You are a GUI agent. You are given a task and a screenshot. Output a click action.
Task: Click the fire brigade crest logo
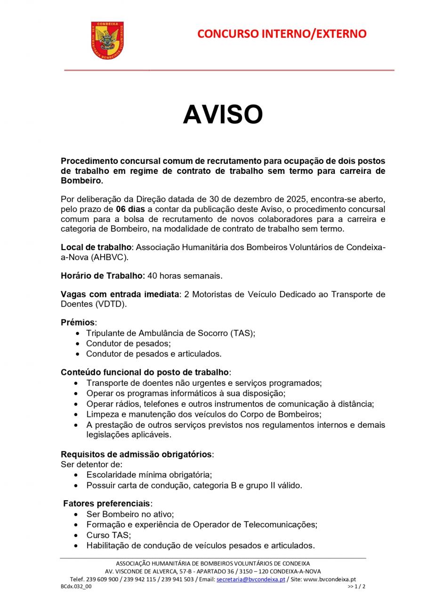107,40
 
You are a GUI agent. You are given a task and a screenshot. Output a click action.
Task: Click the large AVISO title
223,114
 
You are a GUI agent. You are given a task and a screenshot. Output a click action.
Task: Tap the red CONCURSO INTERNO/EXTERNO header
281,34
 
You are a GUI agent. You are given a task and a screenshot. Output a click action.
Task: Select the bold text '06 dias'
130,209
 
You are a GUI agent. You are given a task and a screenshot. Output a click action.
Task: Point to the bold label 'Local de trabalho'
96,247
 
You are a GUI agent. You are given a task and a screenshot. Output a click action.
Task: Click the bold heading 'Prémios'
78,323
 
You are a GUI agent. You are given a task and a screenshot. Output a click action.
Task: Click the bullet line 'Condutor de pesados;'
128,343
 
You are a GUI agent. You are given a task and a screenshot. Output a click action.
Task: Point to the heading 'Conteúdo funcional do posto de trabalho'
145,372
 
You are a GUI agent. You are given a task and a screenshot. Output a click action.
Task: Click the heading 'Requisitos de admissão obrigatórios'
137,455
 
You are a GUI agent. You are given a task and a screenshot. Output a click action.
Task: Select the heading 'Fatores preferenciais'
107,504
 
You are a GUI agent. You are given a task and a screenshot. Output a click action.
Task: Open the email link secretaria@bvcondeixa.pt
250,579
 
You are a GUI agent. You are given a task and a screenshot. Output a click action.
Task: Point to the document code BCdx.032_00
76,587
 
